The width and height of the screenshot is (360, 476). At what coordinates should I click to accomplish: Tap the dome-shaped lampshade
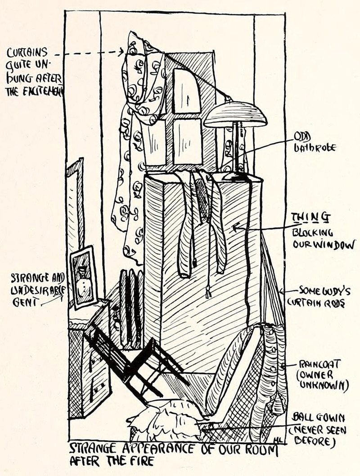(x=235, y=116)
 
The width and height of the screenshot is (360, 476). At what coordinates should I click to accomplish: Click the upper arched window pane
(x=186, y=91)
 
